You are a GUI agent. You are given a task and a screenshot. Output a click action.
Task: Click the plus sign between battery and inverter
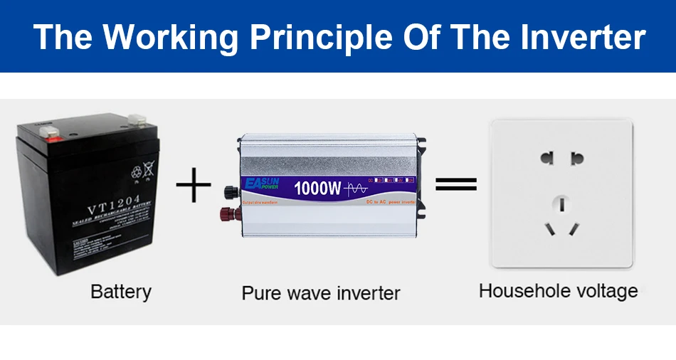[194, 186]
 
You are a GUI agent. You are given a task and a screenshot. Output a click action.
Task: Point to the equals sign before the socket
[455, 185]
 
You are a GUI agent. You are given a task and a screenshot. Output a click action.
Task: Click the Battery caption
[121, 291]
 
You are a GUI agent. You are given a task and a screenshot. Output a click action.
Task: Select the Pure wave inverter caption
[321, 292]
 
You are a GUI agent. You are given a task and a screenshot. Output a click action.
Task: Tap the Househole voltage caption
[558, 290]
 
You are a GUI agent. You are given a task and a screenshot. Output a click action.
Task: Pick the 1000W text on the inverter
[317, 188]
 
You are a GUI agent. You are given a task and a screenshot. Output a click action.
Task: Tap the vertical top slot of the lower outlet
[561, 204]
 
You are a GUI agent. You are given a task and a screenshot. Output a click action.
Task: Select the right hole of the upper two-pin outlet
[577, 157]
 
